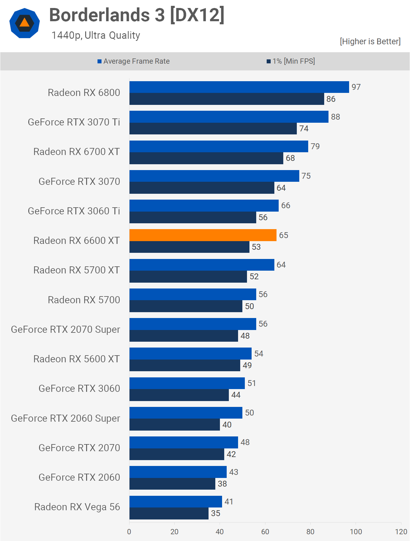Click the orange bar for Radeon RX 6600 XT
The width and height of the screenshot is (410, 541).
tap(203, 235)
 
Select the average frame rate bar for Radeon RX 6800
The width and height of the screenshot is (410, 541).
tap(239, 87)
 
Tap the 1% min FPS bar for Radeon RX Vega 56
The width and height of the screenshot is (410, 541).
tap(169, 513)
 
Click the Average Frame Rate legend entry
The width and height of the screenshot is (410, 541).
tap(133, 61)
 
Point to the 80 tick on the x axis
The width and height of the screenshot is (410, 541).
tap(310, 531)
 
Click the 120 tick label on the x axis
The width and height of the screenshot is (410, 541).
tap(401, 531)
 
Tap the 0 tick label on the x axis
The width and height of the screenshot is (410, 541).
tap(129, 531)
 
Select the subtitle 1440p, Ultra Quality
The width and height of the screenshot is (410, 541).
tap(96, 35)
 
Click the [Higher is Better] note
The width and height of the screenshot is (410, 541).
tap(370, 41)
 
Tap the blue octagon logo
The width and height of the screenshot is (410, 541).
tap(25, 23)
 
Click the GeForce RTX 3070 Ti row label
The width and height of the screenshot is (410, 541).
tap(74, 122)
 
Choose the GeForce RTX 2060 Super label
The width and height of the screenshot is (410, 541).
tap(66, 418)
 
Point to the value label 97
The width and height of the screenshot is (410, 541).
tap(356, 87)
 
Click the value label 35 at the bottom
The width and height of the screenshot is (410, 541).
tap(216, 513)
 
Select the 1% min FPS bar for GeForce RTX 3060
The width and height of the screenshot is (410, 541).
tap(179, 395)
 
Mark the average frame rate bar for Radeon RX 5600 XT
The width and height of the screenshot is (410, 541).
tap(190, 353)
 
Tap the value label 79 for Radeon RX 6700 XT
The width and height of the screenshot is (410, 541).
tap(315, 146)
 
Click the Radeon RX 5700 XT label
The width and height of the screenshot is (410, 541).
tap(77, 270)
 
